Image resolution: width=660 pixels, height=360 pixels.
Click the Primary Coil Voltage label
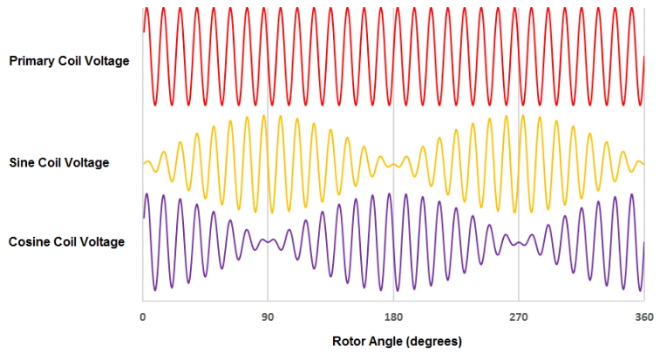coord(69,61)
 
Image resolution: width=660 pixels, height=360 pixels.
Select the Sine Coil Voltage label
coord(58,162)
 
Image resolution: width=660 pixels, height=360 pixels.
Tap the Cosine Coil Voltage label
coord(66,241)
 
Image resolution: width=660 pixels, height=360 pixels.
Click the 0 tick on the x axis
coord(142,317)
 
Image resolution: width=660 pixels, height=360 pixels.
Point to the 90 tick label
coord(268,317)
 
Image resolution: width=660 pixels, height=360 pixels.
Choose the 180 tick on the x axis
coord(393,317)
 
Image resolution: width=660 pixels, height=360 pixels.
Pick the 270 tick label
coord(519,317)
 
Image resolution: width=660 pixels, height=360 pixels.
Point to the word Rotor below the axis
coord(349,341)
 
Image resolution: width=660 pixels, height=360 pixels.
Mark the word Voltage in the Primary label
coord(108,61)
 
